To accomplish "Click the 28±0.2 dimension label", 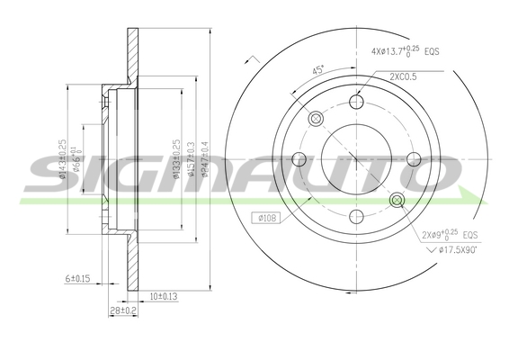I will coord(122,310).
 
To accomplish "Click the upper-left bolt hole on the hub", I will coord(316,120).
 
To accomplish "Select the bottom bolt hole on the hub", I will coord(356,216).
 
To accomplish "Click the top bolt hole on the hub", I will coord(356,103).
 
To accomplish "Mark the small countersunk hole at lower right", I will coord(397,199).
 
